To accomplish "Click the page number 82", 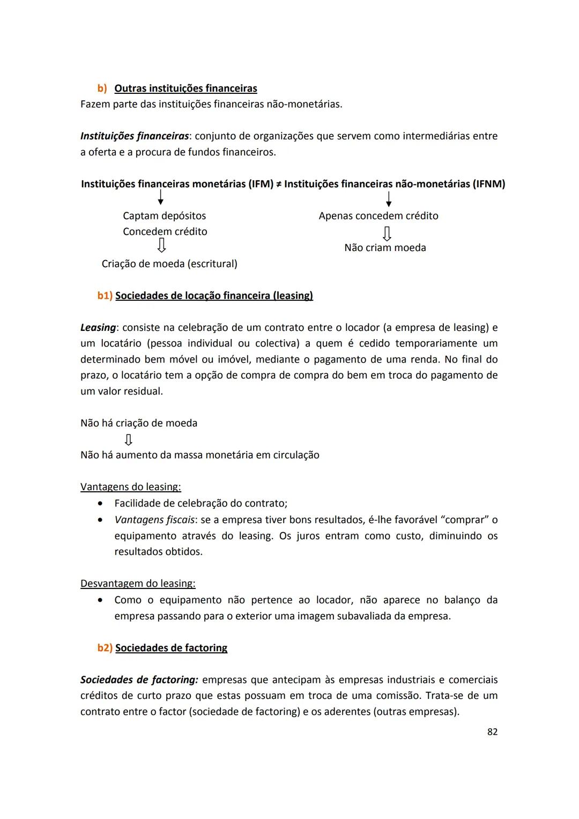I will [492, 732].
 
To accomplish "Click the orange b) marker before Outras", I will [102, 88].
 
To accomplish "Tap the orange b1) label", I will [105, 296].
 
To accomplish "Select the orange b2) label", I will [105, 648].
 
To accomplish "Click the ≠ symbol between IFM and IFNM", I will [279, 185].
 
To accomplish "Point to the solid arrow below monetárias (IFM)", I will [160, 198].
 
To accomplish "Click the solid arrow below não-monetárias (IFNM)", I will [389, 199].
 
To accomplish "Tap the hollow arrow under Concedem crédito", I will [161, 246].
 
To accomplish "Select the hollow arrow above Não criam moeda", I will [387, 233].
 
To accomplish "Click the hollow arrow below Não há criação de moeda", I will [128, 440].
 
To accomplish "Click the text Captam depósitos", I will [164, 216].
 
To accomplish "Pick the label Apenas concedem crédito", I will [378, 216].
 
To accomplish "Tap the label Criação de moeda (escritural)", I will [169, 264].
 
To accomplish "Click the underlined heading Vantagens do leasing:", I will [130, 487].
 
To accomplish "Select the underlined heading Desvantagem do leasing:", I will [138, 584].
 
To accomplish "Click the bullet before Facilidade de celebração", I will [100, 504].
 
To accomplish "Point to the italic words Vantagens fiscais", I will [154, 520].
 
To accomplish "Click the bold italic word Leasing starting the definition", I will [98, 328].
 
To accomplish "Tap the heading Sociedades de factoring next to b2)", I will [171, 648].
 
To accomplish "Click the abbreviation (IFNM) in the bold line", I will [488, 184].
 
